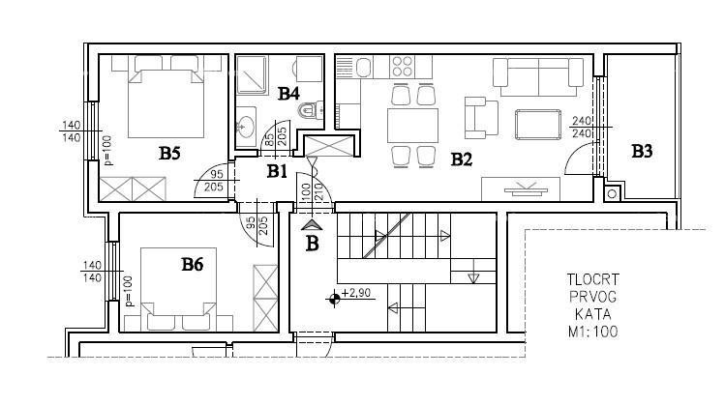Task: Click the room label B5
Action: tap(170, 152)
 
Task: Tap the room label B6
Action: tap(192, 263)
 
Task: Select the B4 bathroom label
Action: tap(288, 94)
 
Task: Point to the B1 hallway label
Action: tap(278, 171)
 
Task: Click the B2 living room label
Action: tap(461, 159)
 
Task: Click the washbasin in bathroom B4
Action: tap(247, 125)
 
